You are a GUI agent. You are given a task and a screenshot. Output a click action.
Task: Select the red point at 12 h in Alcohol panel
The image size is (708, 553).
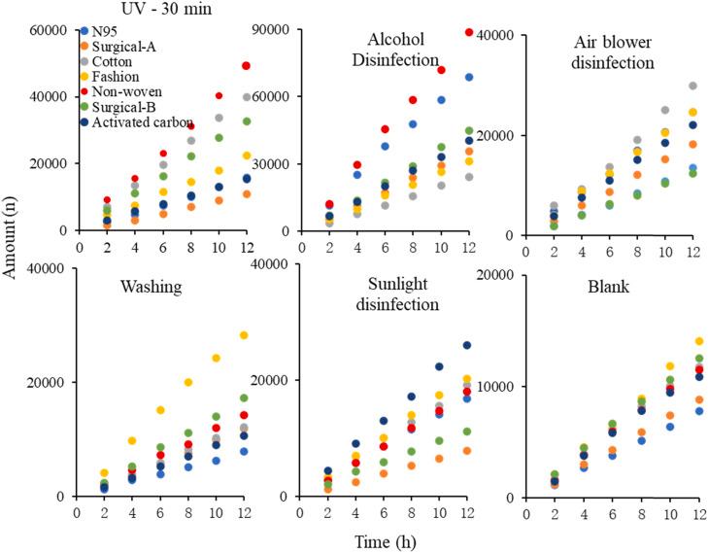[470, 32]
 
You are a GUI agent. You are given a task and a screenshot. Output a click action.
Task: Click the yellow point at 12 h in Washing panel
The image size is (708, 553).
[244, 335]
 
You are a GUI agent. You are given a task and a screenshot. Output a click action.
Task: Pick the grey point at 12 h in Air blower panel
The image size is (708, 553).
[692, 86]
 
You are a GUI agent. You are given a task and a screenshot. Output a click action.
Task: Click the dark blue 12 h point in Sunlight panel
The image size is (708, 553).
[466, 345]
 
